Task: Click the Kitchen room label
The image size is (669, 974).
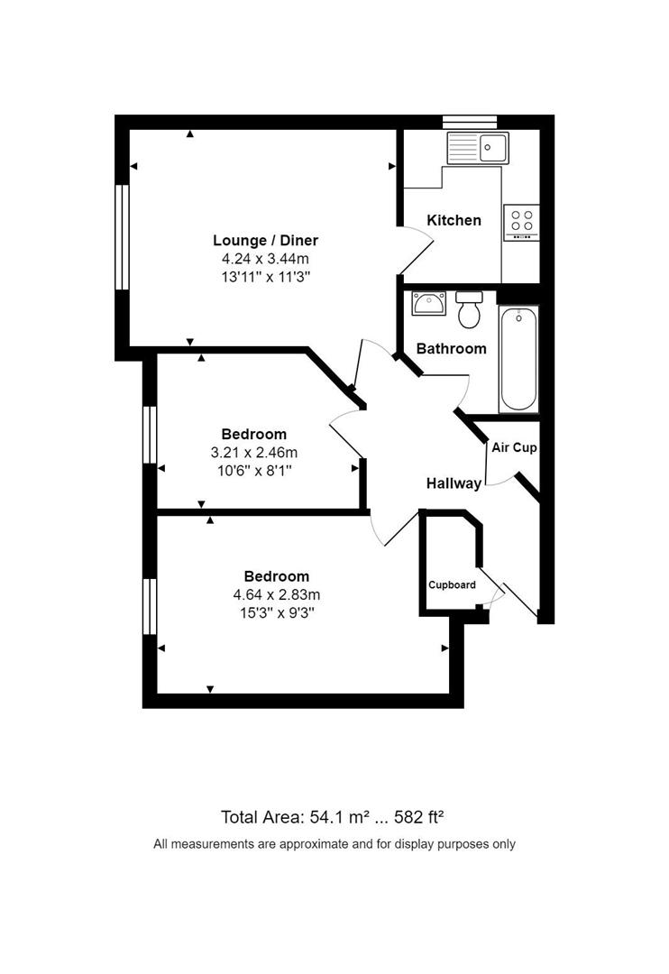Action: pos(454,220)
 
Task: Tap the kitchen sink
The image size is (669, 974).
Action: pos(480,147)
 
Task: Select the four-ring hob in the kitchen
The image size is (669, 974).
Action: pos(521,220)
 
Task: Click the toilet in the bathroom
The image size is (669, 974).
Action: pos(468,310)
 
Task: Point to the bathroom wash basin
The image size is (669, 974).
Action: pos(428,304)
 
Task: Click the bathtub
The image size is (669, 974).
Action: pos(518,358)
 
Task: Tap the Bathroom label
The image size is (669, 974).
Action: pos(451,348)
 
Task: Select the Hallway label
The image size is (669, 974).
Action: pos(454,483)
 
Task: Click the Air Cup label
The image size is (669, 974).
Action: pos(514,447)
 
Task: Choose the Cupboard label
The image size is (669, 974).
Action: pos(452,584)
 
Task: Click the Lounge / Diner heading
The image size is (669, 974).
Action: pos(265,240)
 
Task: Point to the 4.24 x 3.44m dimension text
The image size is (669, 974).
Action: pos(265,258)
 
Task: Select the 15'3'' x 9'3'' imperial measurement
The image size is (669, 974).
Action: pos(277,612)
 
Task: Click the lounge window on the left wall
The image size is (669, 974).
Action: pos(122,237)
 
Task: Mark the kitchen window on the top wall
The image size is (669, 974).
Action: pos(470,120)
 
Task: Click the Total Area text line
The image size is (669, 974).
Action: pos(334,817)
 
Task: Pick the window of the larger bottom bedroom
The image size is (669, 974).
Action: pos(150,611)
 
